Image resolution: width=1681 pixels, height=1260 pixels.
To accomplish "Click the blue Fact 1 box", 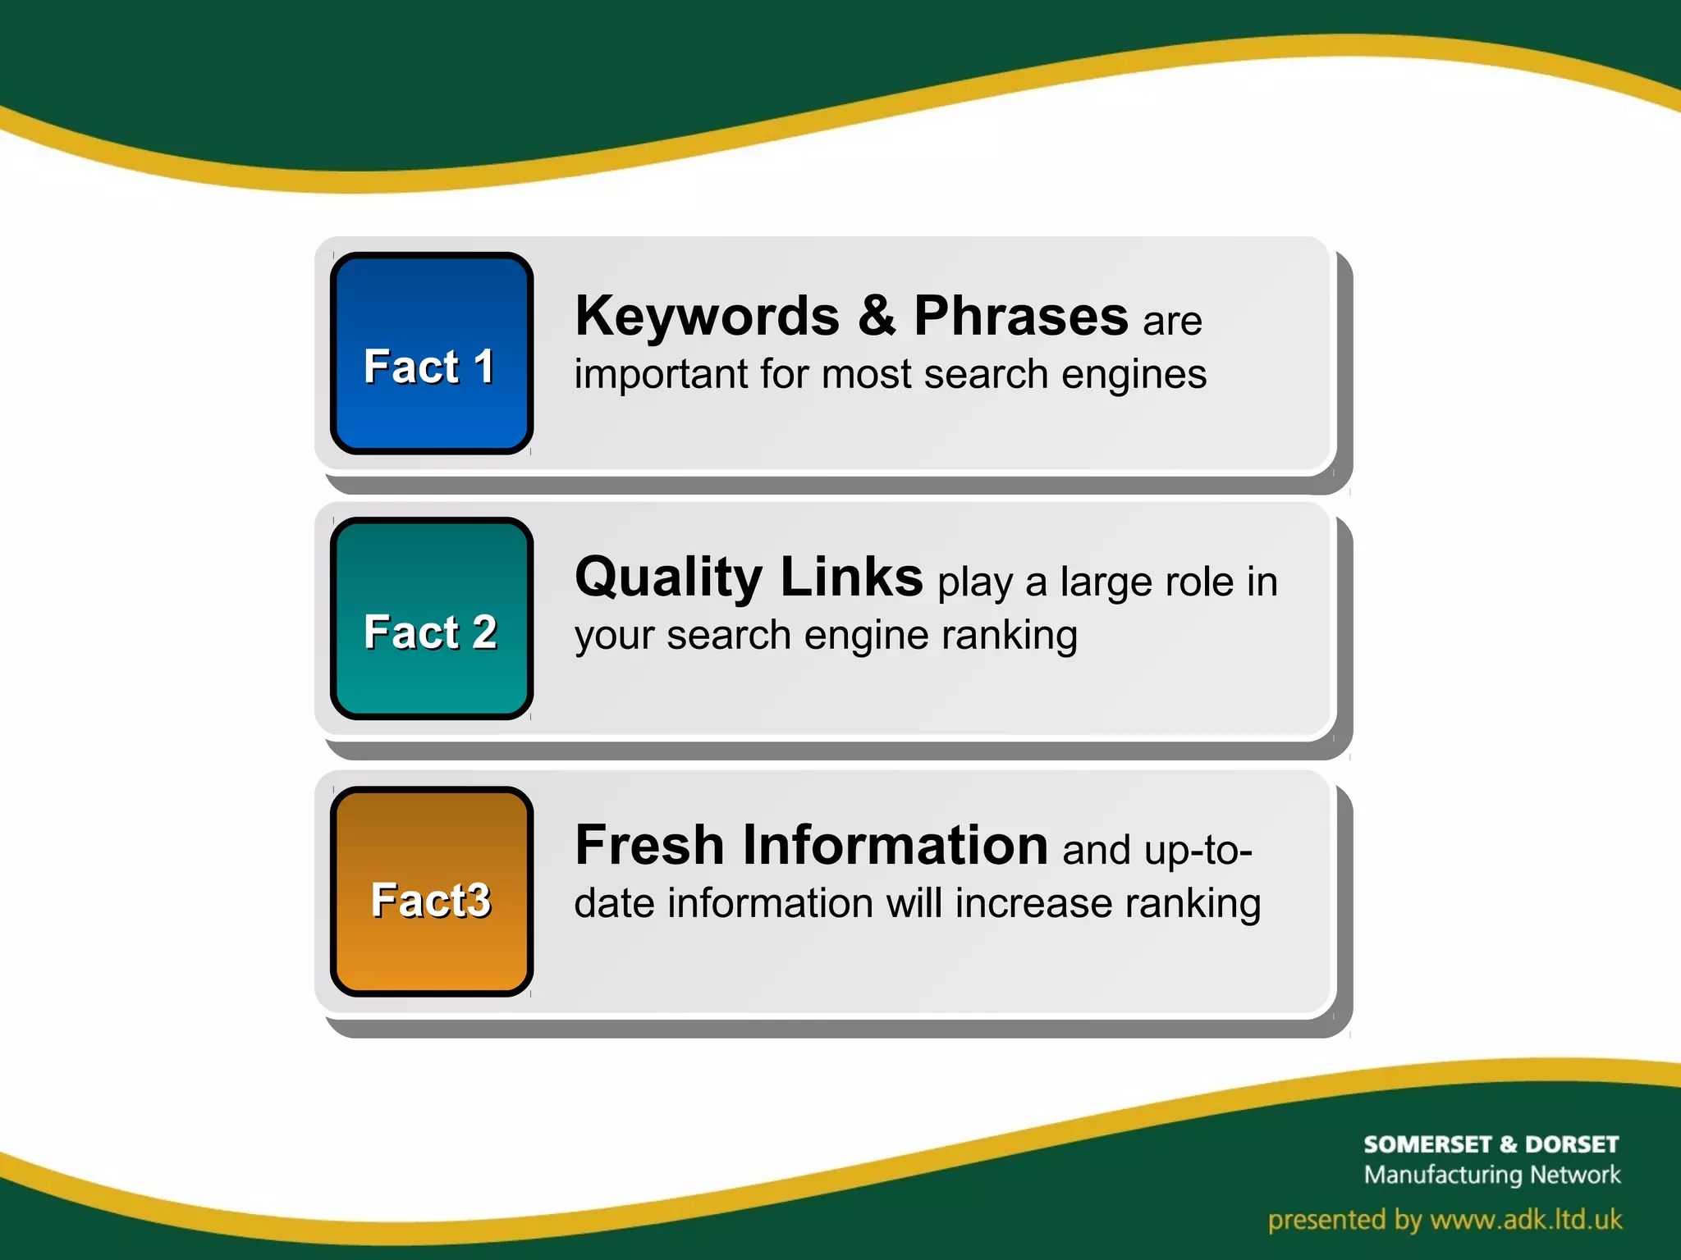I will tap(432, 354).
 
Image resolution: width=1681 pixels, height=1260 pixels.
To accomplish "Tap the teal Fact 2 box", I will tap(432, 619).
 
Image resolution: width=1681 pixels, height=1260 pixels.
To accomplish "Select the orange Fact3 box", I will tap(432, 892).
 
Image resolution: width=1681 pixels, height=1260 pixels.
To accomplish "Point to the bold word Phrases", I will tap(1020, 317).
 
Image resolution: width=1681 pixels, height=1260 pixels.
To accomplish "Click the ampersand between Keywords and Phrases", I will tap(877, 316).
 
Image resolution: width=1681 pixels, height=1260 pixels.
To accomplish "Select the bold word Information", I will tap(895, 846).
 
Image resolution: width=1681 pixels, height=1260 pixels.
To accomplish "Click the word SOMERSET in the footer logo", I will tap(1427, 1144).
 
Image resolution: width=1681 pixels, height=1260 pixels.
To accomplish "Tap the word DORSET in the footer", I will tap(1571, 1144).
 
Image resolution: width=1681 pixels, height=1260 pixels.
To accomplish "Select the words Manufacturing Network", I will tap(1491, 1175).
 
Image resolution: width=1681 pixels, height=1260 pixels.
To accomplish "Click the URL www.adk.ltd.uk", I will tap(1526, 1220).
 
